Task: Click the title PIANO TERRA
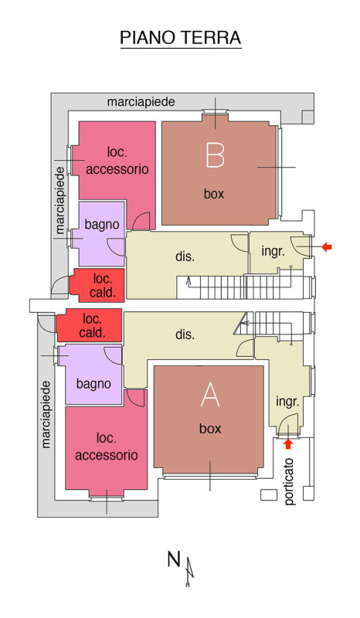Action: coord(181,38)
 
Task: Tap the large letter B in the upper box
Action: coord(215,154)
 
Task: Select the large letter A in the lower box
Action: coord(210,395)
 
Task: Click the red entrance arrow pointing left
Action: coord(327,247)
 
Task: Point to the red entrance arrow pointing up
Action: coord(289,444)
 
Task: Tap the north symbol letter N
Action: coord(174,559)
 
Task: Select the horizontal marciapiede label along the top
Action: coord(141,102)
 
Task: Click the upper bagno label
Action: coord(102,225)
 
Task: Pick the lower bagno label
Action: coord(93,384)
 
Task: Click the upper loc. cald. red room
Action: coord(97,285)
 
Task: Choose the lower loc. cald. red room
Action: coord(89,325)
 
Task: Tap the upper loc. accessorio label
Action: coord(117,161)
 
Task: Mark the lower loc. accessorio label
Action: coord(107,447)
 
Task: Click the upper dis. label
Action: coord(185,256)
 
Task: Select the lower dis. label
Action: coord(185,334)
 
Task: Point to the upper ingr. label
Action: coord(273,251)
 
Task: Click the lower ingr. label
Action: coord(287,402)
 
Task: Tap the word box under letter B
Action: coord(214,194)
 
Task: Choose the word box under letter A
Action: coord(210,429)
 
